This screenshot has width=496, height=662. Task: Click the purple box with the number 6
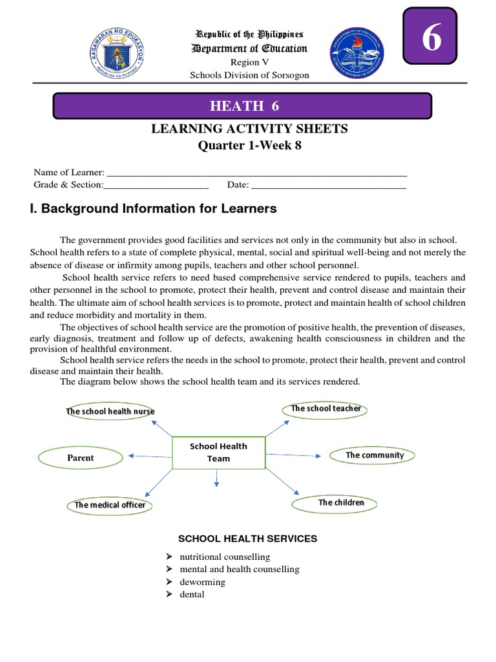tap(430, 36)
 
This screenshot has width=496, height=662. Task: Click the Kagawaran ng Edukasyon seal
tap(117, 54)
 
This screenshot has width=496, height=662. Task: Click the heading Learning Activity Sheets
tap(249, 129)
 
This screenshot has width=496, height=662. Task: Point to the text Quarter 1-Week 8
tap(249, 145)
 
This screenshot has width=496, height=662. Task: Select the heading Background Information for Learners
tap(153, 209)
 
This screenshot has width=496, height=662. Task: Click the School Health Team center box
tap(218, 453)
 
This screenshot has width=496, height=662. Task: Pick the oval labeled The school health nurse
tap(110, 411)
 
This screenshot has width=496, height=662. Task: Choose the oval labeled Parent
tap(81, 458)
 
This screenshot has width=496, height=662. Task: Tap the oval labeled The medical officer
tap(110, 505)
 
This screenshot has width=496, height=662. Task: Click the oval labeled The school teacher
tap(325, 409)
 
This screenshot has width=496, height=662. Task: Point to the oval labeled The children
tap(341, 502)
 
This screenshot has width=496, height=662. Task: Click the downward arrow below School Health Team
tap(217, 477)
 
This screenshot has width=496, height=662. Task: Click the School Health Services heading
tap(247, 539)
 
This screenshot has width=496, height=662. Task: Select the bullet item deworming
tap(202, 582)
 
